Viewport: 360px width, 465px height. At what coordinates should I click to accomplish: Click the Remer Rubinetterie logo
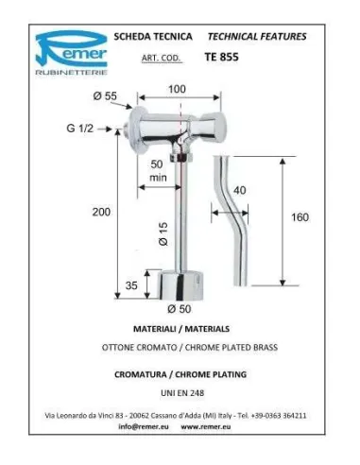(x=72, y=53)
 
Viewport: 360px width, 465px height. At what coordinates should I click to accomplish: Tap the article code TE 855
(x=222, y=57)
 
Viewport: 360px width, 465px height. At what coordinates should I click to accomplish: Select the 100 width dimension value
(x=177, y=89)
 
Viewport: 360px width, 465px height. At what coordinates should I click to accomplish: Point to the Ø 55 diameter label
(x=105, y=95)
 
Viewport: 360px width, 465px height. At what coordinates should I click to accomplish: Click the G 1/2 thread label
(x=80, y=129)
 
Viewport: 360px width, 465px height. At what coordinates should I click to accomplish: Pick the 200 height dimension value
(x=101, y=212)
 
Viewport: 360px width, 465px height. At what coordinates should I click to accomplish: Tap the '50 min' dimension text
(x=158, y=171)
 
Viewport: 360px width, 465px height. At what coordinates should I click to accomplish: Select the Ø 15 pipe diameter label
(x=163, y=234)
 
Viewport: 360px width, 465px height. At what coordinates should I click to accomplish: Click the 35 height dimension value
(x=131, y=285)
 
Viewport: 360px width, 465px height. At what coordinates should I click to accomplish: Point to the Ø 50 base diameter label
(x=180, y=309)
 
